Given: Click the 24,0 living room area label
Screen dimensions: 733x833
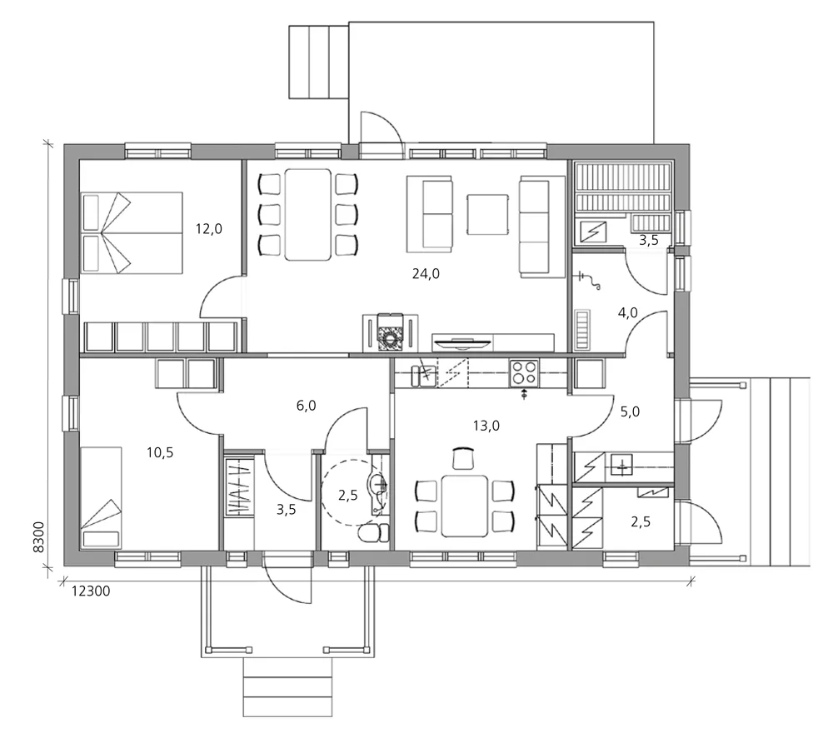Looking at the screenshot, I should coord(426,272).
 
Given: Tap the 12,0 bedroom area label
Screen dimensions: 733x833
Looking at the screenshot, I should coord(208,227).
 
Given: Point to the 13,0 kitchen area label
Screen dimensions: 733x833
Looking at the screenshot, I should coord(486,425).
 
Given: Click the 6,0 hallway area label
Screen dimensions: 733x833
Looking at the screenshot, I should coord(306,406).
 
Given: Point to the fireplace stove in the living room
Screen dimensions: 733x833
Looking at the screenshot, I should coord(389,331).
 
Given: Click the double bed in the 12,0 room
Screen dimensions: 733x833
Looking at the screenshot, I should coord(132,232).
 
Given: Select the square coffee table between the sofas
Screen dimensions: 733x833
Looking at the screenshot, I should coord(486,215).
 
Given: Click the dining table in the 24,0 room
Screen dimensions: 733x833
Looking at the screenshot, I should coord(307,214).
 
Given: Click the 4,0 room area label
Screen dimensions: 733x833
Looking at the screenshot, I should coord(627,313).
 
